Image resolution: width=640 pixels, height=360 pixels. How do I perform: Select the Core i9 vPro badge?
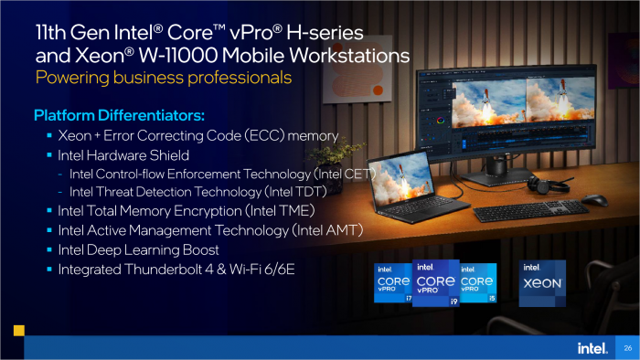point(436,283)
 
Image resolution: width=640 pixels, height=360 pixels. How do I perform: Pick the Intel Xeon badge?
point(542,283)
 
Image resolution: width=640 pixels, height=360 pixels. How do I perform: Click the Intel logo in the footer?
point(590,347)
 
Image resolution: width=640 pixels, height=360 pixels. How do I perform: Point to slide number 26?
point(627,348)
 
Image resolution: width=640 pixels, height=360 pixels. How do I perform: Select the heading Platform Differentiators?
point(119,116)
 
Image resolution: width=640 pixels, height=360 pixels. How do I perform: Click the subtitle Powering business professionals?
point(164,78)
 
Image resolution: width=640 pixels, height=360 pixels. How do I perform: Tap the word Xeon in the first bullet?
point(76,135)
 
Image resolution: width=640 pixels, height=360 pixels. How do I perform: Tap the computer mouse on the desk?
point(594,199)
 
